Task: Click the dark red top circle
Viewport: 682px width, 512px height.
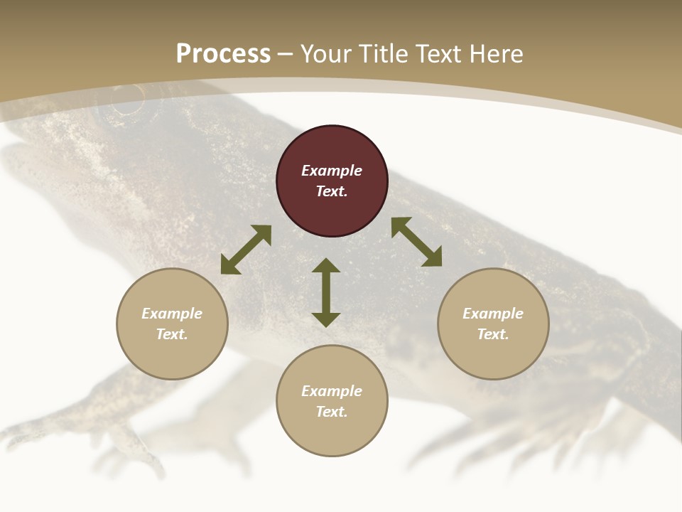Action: pyautogui.click(x=332, y=181)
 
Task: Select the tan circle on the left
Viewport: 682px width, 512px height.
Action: pyautogui.click(x=172, y=324)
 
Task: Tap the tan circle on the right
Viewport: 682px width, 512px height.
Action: pyautogui.click(x=493, y=324)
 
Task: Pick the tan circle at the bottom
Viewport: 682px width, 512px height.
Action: pyautogui.click(x=332, y=401)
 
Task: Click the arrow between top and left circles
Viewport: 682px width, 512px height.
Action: pyautogui.click(x=246, y=250)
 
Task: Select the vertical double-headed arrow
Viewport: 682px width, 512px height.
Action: pyautogui.click(x=326, y=292)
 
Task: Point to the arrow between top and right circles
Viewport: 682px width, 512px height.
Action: pyautogui.click(x=416, y=242)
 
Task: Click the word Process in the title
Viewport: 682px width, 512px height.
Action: pyautogui.click(x=223, y=53)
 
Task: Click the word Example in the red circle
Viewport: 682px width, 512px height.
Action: pyautogui.click(x=332, y=171)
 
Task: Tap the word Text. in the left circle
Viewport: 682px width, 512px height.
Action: pyautogui.click(x=172, y=334)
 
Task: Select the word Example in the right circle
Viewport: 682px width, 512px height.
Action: pyautogui.click(x=493, y=314)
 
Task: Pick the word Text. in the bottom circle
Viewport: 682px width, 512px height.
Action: pyautogui.click(x=332, y=412)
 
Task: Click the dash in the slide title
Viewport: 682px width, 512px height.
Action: pyautogui.click(x=286, y=54)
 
